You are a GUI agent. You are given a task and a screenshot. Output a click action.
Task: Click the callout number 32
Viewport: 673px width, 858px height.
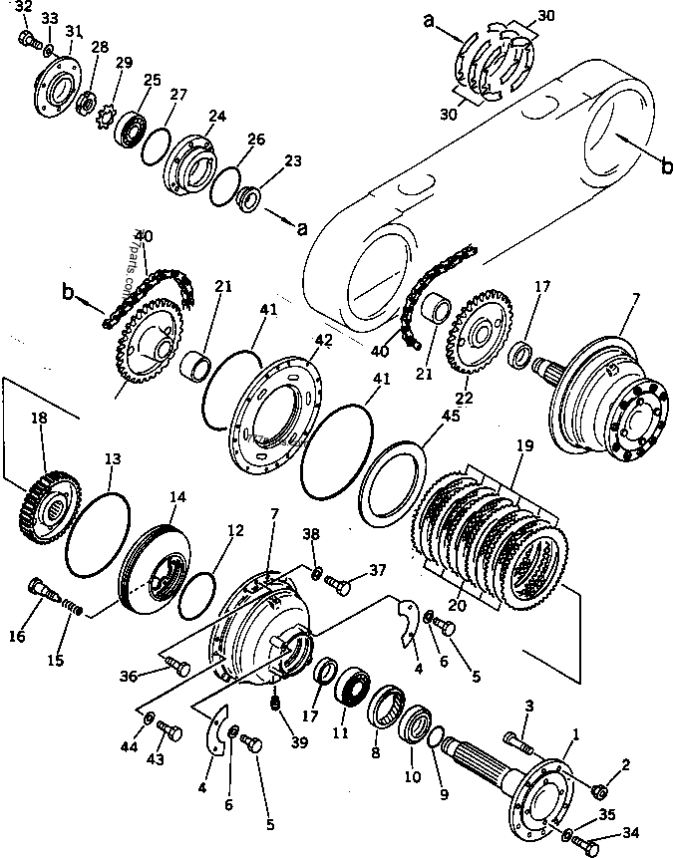[24, 7]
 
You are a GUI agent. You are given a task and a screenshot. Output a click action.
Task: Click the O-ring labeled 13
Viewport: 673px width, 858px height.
[98, 534]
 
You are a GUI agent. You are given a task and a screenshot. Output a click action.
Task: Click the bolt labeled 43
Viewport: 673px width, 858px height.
[168, 733]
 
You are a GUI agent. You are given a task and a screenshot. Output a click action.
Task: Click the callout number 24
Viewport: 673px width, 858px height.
[217, 116]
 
